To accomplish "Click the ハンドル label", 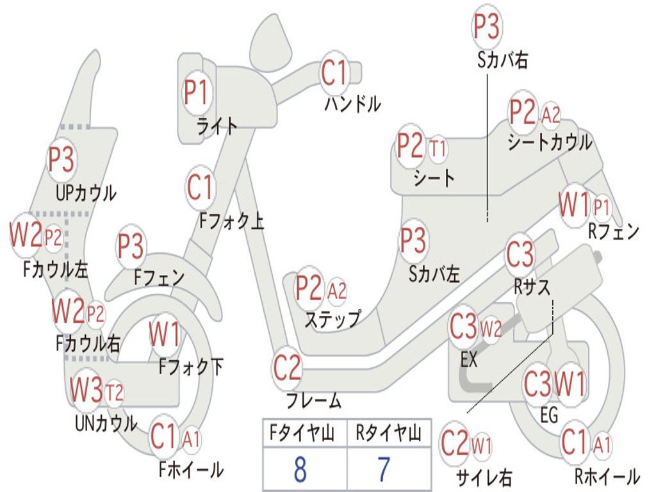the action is [x=353, y=103].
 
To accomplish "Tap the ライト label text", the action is [x=217, y=126].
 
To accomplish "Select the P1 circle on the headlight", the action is [x=196, y=92].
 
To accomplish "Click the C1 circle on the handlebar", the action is [x=334, y=73].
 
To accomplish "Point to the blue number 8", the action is [x=300, y=469].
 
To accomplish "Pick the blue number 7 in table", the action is [x=384, y=469].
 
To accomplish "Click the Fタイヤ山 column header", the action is [x=302, y=433].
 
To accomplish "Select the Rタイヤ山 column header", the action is [x=388, y=433].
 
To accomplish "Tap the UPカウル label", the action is [x=86, y=193].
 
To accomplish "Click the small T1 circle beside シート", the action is [x=438, y=149].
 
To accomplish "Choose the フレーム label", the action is [x=314, y=400].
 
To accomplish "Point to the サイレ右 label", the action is [x=484, y=477].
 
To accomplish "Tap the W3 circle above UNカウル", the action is [x=86, y=389].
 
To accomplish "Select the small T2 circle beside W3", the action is [x=114, y=393].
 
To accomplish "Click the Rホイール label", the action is [x=607, y=477].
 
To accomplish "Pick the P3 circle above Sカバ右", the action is [x=487, y=26].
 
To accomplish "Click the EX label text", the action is [x=468, y=359].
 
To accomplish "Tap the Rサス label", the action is [x=532, y=288].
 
